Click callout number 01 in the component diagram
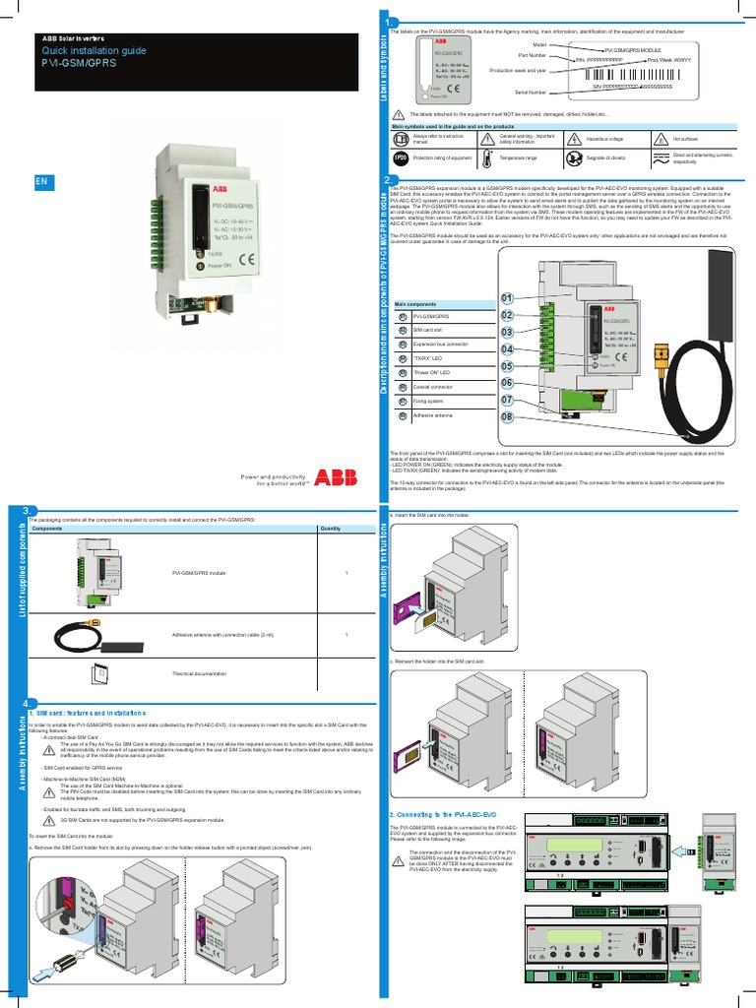pyautogui.click(x=507, y=298)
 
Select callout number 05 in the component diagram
pyautogui.click(x=507, y=366)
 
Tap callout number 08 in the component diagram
pyautogui.click(x=507, y=417)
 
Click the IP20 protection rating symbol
pyautogui.click(x=401, y=157)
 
